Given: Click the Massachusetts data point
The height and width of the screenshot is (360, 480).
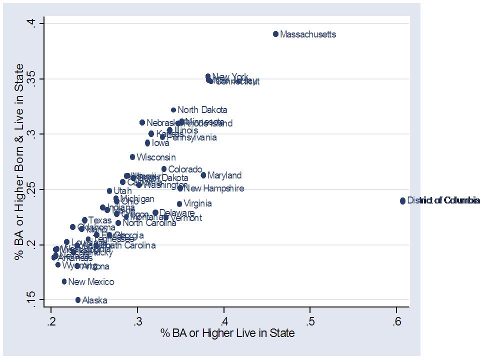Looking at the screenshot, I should tap(275, 34).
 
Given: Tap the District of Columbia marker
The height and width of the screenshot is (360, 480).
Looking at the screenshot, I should tap(402, 200).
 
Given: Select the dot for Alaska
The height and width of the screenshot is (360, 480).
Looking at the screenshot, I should tap(78, 300).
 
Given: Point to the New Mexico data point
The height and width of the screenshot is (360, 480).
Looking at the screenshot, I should tap(64, 281).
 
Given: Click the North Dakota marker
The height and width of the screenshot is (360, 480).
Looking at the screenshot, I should tap(173, 110).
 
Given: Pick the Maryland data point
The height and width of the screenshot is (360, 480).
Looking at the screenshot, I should tap(203, 175).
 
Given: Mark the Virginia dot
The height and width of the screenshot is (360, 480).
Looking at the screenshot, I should tap(179, 203).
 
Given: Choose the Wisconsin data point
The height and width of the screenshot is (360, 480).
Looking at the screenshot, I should tap(132, 157).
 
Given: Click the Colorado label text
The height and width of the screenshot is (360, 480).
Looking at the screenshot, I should tap(185, 169).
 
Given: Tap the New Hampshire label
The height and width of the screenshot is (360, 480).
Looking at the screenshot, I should tap(214, 188).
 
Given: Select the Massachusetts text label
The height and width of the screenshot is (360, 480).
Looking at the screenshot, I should tap(308, 34).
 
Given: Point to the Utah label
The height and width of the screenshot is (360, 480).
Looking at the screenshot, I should tap(122, 191).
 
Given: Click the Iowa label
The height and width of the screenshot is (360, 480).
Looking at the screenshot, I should tap(160, 143).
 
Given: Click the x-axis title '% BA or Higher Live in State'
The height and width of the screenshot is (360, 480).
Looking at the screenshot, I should tap(227, 332).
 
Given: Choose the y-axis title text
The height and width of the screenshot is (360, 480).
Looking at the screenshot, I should tap(19, 161).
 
